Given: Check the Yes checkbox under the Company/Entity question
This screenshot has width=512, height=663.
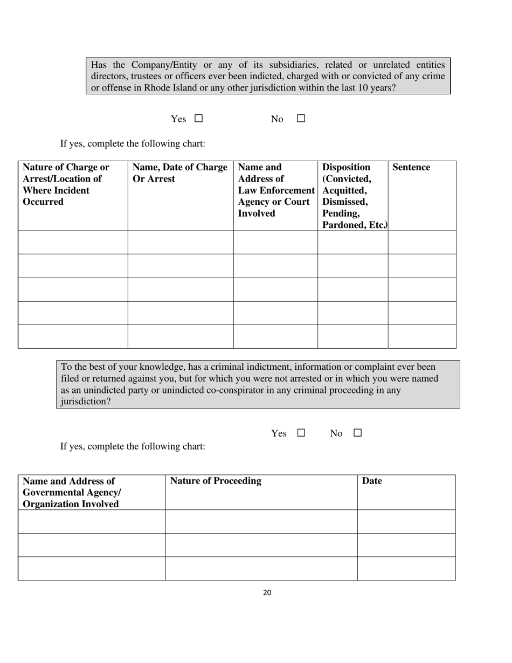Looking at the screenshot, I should [198, 119].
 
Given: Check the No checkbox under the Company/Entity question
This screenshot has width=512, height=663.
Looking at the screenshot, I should [301, 119].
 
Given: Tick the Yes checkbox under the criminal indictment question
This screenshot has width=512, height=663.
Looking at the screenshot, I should [301, 433].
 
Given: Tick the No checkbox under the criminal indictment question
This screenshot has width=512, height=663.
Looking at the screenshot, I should [357, 433].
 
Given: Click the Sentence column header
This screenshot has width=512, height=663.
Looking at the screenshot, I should [411, 168].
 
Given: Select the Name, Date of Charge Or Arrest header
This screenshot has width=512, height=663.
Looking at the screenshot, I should [179, 173].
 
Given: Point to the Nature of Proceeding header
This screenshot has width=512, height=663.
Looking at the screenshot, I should [216, 481].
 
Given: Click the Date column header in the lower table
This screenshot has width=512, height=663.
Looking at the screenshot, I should [372, 481].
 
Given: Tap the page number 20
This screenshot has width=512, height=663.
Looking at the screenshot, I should [267, 593].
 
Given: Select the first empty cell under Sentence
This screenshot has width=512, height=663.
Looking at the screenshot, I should [422, 243].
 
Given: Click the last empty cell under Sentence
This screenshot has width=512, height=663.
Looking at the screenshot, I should [422, 336].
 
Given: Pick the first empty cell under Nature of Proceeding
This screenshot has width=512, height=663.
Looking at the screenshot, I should [261, 521].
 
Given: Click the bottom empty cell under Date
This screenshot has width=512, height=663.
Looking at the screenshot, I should [406, 568].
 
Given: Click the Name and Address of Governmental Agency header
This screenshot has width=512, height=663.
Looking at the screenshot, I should [71, 493].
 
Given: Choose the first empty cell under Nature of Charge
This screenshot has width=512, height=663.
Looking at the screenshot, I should [73, 243].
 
